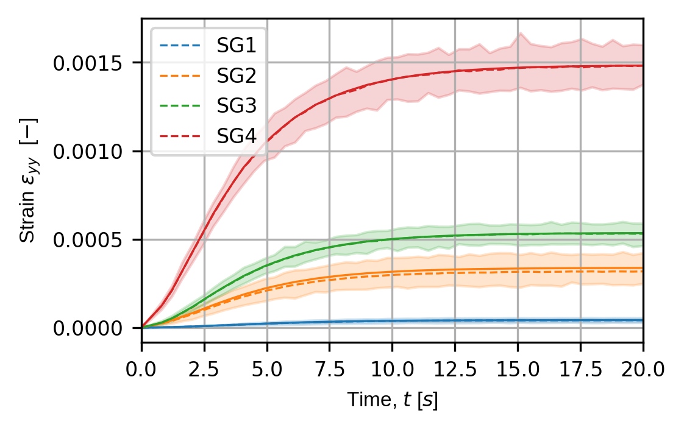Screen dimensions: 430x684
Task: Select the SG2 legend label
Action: click(235, 76)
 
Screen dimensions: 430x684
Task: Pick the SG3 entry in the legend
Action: click(235, 105)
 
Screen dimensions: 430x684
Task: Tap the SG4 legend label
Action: click(235, 135)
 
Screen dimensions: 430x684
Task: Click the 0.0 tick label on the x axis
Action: click(141, 368)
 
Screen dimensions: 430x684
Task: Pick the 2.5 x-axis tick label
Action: click(204, 368)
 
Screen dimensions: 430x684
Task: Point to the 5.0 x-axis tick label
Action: click(267, 368)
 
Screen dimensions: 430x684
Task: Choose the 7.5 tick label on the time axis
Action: click(330, 368)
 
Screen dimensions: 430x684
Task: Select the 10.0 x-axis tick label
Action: click(392, 368)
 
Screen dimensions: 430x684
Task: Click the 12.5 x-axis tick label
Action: click(455, 368)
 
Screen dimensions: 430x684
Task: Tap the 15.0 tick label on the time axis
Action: click(518, 368)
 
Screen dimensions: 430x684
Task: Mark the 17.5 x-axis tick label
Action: click(580, 368)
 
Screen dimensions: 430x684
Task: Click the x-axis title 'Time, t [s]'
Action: click(392, 401)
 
